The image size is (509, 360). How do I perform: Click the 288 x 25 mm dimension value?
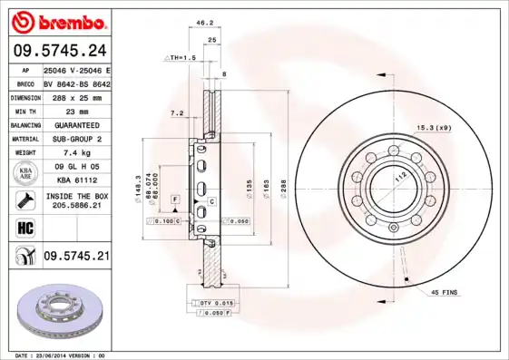pos(76,96)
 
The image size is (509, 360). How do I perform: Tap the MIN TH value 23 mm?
pos(76,110)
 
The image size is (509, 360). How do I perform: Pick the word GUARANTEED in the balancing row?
pos(76,124)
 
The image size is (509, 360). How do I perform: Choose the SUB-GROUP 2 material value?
pos(76,139)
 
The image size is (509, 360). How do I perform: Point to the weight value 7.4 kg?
pos(76,153)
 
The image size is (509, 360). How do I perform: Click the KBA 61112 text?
pos(76,181)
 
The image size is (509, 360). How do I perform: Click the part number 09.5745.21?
pos(76,258)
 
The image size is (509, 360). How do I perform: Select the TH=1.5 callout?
pos(181,57)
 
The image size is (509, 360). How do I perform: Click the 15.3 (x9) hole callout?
pos(434,128)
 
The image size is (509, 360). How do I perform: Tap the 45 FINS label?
pos(445,292)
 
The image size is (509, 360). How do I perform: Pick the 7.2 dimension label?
pos(177,114)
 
